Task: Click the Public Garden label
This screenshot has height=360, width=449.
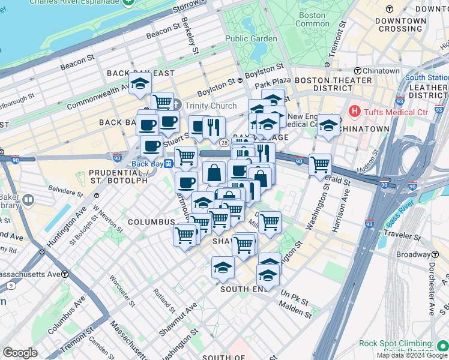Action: tap(251, 38)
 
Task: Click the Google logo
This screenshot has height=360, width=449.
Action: tap(20, 352)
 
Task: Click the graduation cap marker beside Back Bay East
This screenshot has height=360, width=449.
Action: tap(140, 83)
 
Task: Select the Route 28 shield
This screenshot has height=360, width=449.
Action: tap(223, 142)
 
